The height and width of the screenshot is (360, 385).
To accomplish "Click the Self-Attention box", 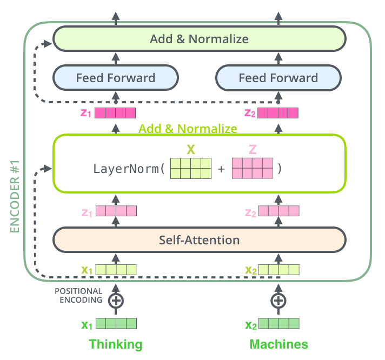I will (x=199, y=239).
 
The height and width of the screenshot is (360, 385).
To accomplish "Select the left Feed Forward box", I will (x=115, y=78).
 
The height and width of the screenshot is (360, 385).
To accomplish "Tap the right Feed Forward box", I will (x=278, y=78).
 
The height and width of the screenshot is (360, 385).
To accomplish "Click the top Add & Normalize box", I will (x=199, y=39).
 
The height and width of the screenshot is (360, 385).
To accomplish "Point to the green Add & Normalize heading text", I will (x=188, y=129).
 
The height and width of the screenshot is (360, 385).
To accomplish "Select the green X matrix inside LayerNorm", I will (x=190, y=168).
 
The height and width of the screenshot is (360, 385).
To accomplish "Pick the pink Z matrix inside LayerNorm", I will (x=252, y=168).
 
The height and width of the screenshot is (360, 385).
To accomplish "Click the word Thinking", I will (x=115, y=344).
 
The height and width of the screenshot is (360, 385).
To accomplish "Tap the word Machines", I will (x=278, y=344).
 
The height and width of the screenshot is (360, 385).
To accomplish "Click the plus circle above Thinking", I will (x=116, y=301).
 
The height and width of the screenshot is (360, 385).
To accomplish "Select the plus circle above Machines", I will (x=278, y=301).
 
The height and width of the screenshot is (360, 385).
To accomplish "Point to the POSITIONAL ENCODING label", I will (x=78, y=296).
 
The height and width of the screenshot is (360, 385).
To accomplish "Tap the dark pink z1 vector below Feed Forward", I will (x=115, y=113).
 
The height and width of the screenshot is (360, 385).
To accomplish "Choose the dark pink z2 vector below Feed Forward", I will (x=278, y=113).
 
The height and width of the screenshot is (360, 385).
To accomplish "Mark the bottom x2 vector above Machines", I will (x=278, y=324).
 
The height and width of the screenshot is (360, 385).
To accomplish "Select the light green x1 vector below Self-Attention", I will (x=116, y=269).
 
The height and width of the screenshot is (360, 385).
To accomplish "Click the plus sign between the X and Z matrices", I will (x=221, y=169).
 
